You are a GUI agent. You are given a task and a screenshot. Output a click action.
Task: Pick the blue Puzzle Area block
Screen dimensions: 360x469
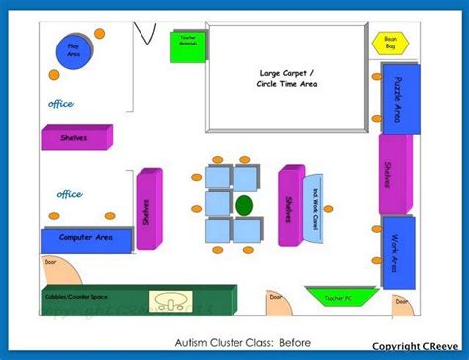pos(397,100)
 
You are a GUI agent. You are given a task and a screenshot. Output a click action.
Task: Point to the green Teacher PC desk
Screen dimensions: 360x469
pos(332,295)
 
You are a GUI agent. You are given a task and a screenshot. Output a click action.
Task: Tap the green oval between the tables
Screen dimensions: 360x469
pos(243,205)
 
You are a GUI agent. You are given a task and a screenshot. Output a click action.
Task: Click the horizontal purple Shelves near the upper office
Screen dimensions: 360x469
pos(75,138)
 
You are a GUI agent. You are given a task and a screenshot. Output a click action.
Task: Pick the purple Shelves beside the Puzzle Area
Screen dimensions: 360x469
pos(390,173)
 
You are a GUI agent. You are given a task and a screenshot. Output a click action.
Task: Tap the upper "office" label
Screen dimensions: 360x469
pos(61,103)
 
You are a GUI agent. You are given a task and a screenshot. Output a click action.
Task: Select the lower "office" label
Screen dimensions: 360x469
pos(69,194)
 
